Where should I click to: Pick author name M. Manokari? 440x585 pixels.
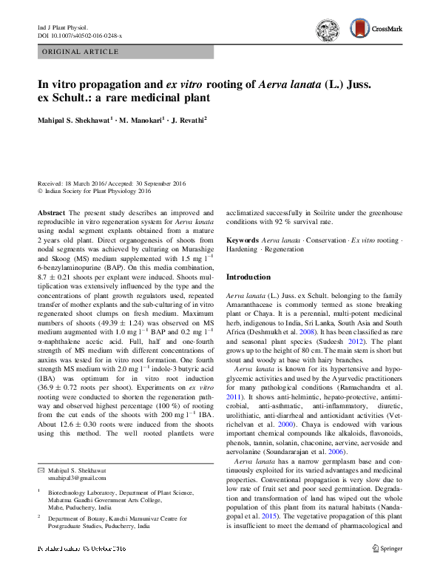click(142, 119)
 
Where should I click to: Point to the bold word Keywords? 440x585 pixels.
click(242, 241)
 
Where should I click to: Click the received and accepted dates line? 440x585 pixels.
click(112, 183)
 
